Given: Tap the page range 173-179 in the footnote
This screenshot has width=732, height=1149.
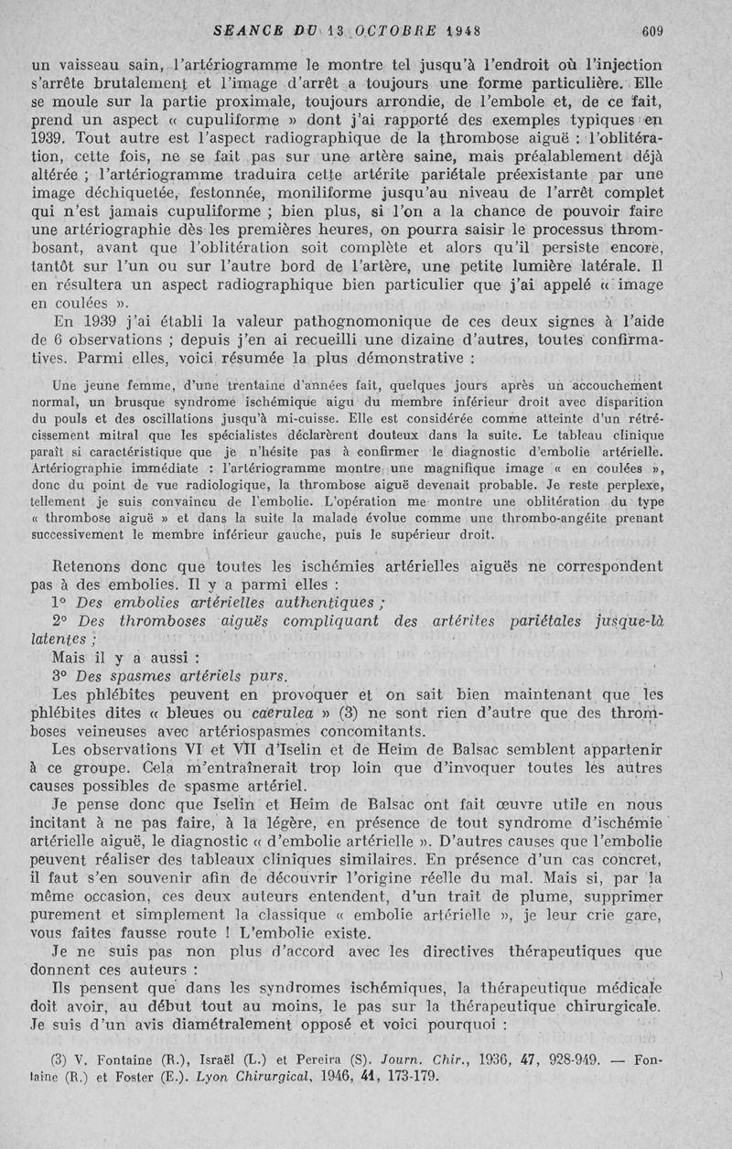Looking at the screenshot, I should pyautogui.click(x=411, y=1077).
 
